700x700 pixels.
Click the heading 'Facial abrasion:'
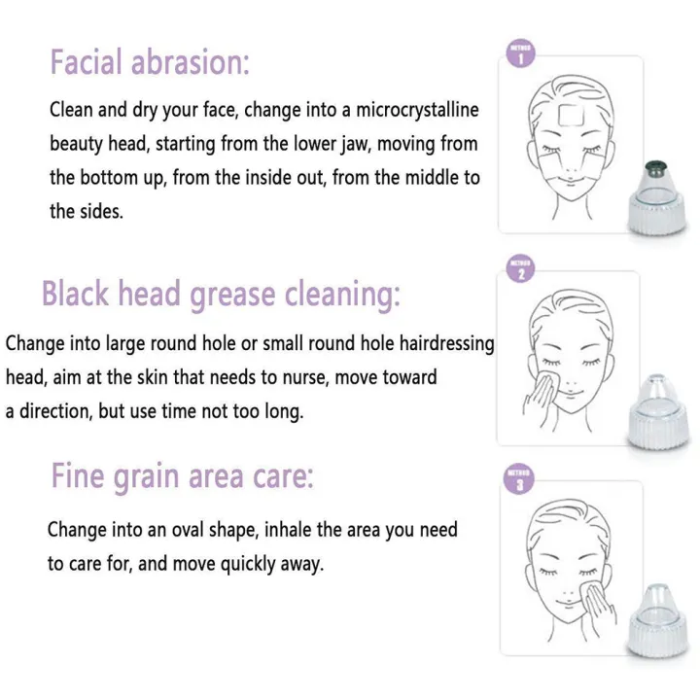tap(150, 62)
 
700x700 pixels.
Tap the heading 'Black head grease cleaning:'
tap(220, 293)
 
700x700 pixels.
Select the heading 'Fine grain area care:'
tap(182, 477)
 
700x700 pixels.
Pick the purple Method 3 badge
tap(522, 481)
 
